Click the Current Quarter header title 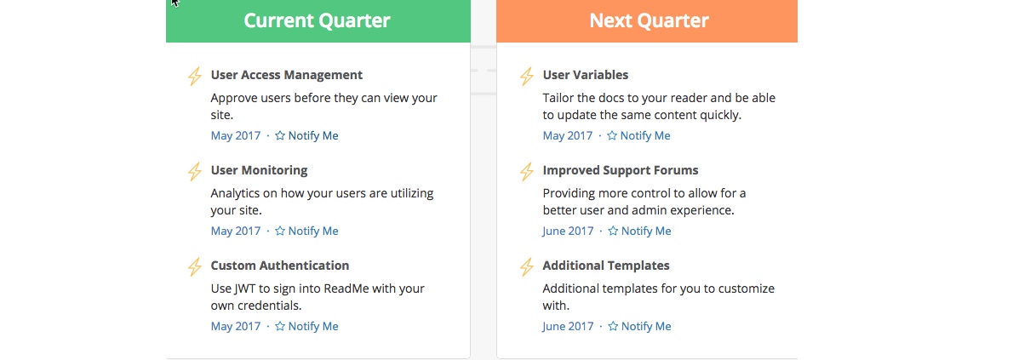coord(317,20)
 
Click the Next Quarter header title coord(649,20)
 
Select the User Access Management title coord(287,75)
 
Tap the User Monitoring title coord(259,170)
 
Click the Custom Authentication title coord(280,266)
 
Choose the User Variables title coord(586,75)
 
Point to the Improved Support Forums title coord(621,170)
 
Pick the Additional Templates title coord(606,266)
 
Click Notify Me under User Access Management coord(306,135)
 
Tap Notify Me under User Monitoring coord(306,231)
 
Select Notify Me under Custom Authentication coord(306,327)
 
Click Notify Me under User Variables coord(638,135)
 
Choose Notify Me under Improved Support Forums coord(639,231)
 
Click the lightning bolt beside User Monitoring coord(194,172)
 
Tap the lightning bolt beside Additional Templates coord(527,267)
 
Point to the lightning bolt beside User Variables coord(527,77)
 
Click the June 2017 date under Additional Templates coord(568,327)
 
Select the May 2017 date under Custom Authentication coord(236,327)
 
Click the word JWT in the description coord(246,289)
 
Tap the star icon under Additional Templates coord(613,326)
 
